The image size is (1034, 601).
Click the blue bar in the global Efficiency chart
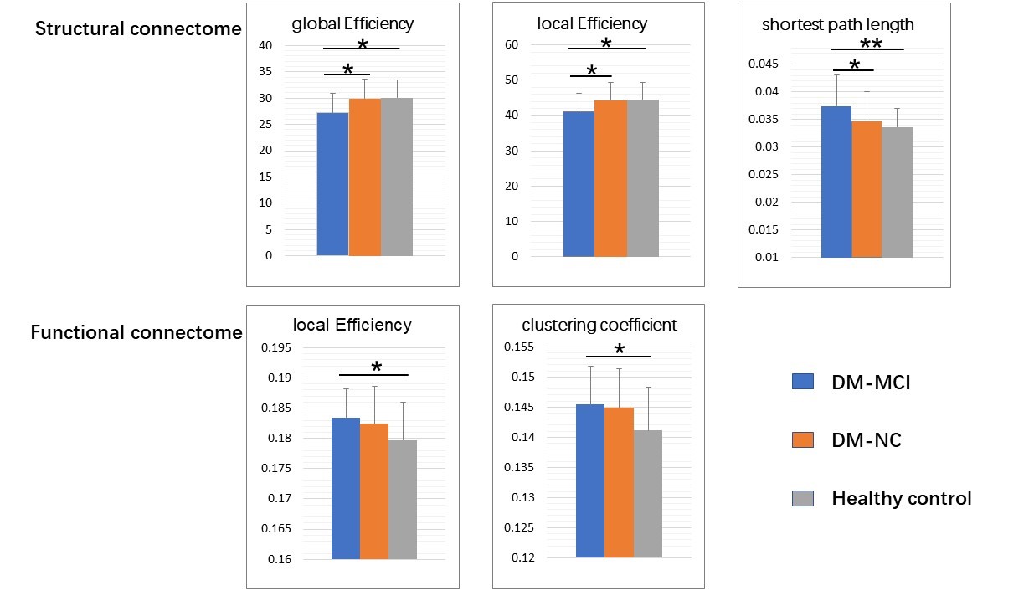(x=332, y=184)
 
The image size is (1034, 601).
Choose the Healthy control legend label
(x=901, y=499)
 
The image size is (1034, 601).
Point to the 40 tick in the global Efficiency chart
(x=265, y=45)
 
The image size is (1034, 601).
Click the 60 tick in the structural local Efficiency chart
(x=512, y=45)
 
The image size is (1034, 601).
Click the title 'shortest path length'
(x=837, y=24)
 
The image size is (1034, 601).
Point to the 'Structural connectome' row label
(x=138, y=29)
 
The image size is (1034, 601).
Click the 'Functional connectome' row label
(x=136, y=333)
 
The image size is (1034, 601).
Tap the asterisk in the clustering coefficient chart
(x=620, y=350)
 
